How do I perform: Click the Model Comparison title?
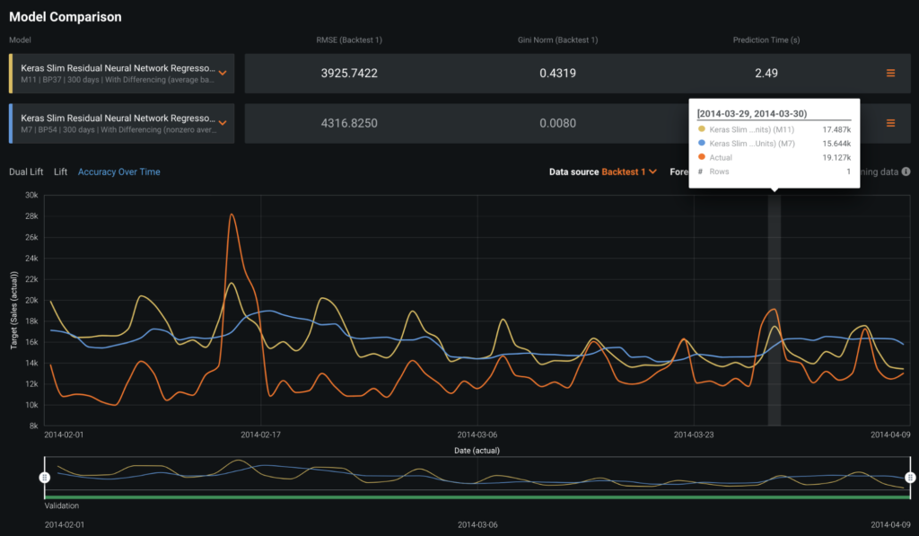(x=65, y=17)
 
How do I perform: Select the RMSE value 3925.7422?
(x=349, y=73)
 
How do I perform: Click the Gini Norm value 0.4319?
(x=557, y=73)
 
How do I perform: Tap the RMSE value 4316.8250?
(x=349, y=123)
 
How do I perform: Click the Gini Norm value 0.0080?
(x=557, y=123)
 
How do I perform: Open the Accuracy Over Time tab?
(x=118, y=171)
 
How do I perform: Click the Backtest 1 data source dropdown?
(x=628, y=171)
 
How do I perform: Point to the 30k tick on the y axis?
(x=30, y=195)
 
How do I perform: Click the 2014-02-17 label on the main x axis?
(x=261, y=434)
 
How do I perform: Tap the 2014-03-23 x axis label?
(x=694, y=434)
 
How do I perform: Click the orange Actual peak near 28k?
(x=232, y=215)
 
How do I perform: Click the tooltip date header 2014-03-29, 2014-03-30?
(x=752, y=114)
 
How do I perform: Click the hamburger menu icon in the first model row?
(x=890, y=73)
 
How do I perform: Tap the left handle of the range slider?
(x=44, y=478)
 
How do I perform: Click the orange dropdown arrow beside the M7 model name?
(x=223, y=123)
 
